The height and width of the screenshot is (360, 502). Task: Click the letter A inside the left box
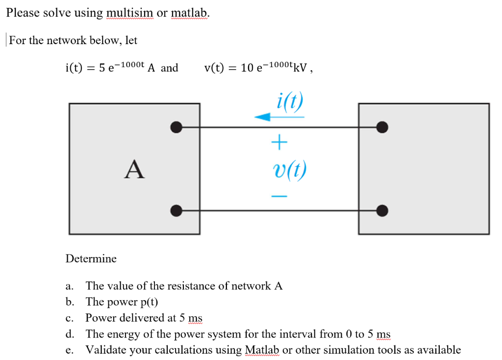(x=134, y=169)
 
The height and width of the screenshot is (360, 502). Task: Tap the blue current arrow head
(x=262, y=117)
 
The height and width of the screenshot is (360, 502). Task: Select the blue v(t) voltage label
(x=289, y=170)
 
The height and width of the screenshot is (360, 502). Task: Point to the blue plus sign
(x=278, y=143)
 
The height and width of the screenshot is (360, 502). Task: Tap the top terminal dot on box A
(x=176, y=128)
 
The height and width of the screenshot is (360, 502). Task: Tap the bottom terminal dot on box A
(x=176, y=211)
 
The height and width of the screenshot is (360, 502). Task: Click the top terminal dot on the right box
(x=382, y=128)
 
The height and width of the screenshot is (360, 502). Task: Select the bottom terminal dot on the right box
(x=382, y=211)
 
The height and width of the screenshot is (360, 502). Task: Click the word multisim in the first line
(x=129, y=13)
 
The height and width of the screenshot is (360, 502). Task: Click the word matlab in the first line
(x=190, y=13)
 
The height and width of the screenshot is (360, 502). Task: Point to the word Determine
(x=91, y=258)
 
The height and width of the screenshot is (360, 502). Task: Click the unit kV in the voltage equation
(x=301, y=68)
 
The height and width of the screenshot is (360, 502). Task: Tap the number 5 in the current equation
(x=102, y=68)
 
